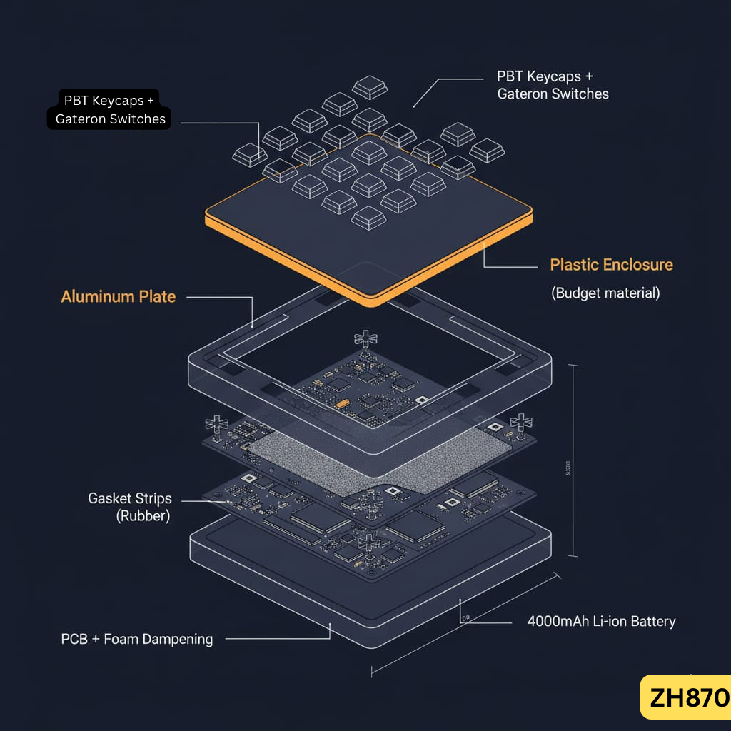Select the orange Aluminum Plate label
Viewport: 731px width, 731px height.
point(119,297)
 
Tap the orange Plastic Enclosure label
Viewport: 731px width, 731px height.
point(611,265)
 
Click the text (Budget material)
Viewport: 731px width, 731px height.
point(605,293)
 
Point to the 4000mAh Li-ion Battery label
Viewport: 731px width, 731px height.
point(601,621)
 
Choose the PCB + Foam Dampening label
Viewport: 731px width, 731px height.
point(137,639)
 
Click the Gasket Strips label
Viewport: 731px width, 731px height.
point(130,498)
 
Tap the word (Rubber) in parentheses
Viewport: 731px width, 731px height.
point(143,516)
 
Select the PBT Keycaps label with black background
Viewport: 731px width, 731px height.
point(110,110)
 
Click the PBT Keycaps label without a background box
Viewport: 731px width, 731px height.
point(553,85)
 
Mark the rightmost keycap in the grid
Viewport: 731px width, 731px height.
point(487,150)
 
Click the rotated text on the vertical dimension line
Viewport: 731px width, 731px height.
point(568,468)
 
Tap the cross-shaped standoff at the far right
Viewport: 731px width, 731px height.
point(521,422)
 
